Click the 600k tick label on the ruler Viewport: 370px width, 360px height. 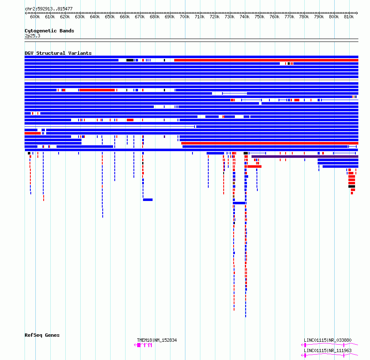pyautogui.click(x=35, y=17)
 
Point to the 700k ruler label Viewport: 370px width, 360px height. pyautogui.click(x=185, y=17)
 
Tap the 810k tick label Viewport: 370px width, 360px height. pyautogui.click(x=349, y=17)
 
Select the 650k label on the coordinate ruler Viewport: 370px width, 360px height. pyautogui.click(x=110, y=17)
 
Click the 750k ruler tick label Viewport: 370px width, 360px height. pyautogui.click(x=259, y=17)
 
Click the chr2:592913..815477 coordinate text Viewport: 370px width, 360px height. pyautogui.click(x=49, y=9)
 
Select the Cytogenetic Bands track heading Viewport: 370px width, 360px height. pyautogui.click(x=49, y=31)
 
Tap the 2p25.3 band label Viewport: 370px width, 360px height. pyautogui.click(x=32, y=36)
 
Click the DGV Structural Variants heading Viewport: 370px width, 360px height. pyautogui.click(x=58, y=53)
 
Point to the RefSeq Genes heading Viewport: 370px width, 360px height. pyautogui.click(x=42, y=335)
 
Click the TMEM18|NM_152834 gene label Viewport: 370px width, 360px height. pyautogui.click(x=157, y=340)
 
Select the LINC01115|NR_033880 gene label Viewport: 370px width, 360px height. pyautogui.click(x=328, y=340)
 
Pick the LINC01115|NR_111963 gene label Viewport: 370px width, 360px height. pyautogui.click(x=328, y=350)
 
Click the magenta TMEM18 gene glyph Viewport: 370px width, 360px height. pyautogui.click(x=143, y=345)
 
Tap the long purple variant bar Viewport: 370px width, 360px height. pyautogui.click(x=305, y=157)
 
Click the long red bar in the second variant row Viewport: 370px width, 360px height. pyautogui.click(x=266, y=60)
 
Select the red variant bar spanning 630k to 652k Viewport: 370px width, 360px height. pyautogui.click(x=97, y=90)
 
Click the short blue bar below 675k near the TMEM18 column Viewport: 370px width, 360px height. pyautogui.click(x=148, y=200)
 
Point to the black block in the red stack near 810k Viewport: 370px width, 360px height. pyautogui.click(x=352, y=186)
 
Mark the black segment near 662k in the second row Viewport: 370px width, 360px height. pyautogui.click(x=130, y=60)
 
